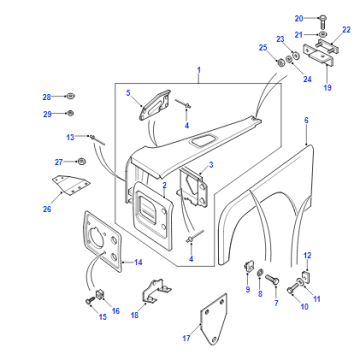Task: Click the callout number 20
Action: point(299,18)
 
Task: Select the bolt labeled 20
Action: point(323,22)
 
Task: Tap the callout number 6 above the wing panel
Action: point(306,120)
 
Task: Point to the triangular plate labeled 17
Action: point(213,320)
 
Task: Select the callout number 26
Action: point(47,209)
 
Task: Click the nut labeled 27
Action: point(81,161)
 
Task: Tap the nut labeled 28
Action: point(70,96)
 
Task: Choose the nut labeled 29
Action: point(70,113)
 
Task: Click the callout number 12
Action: point(307,256)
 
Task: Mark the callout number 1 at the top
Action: point(199,70)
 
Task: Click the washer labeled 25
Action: point(280,62)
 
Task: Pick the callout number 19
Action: point(328,88)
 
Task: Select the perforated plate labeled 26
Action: point(71,185)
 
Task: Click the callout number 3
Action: point(211,165)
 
